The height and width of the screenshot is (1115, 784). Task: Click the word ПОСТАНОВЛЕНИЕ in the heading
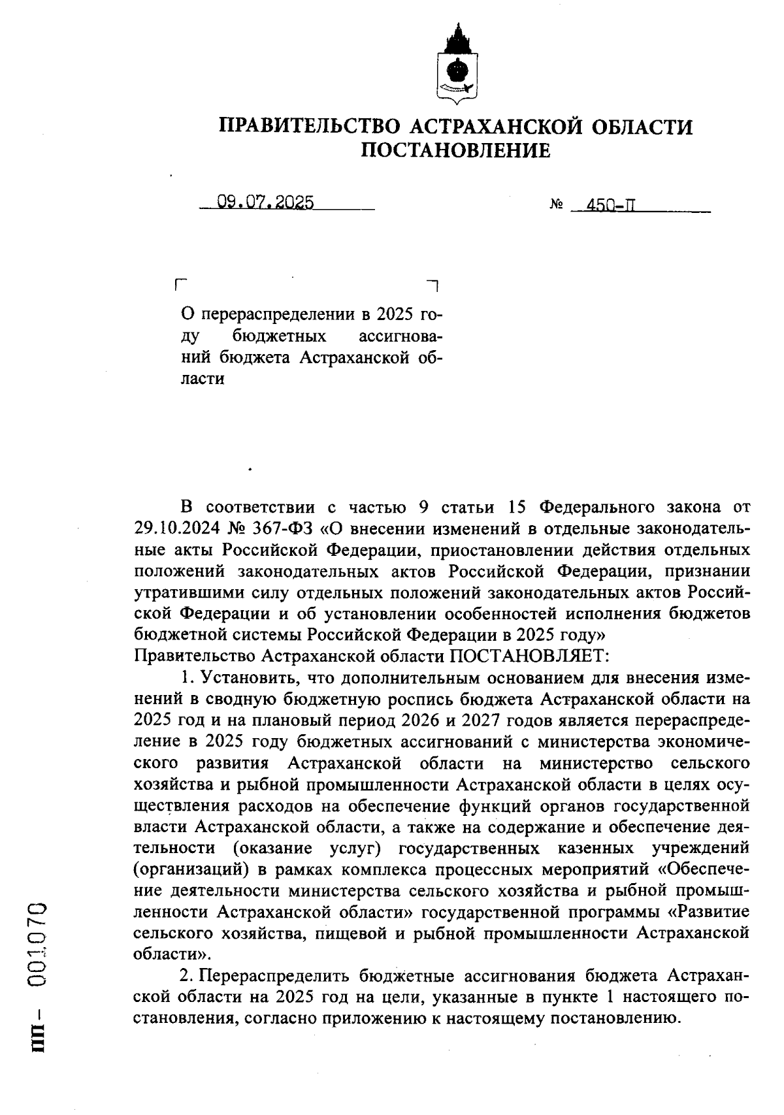coord(456,151)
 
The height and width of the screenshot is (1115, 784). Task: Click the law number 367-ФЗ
coord(284,528)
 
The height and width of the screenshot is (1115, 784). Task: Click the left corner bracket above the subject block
coord(181,285)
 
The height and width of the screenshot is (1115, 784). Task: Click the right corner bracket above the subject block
coord(433,285)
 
